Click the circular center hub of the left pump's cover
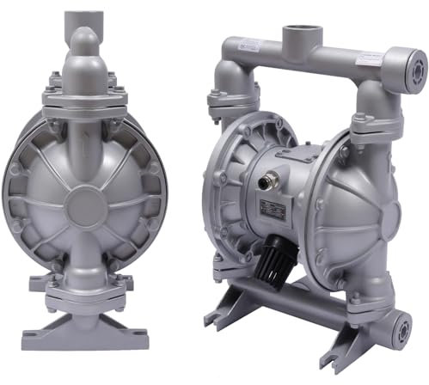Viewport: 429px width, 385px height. [83, 205]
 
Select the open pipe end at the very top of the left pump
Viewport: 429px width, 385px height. [84, 14]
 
